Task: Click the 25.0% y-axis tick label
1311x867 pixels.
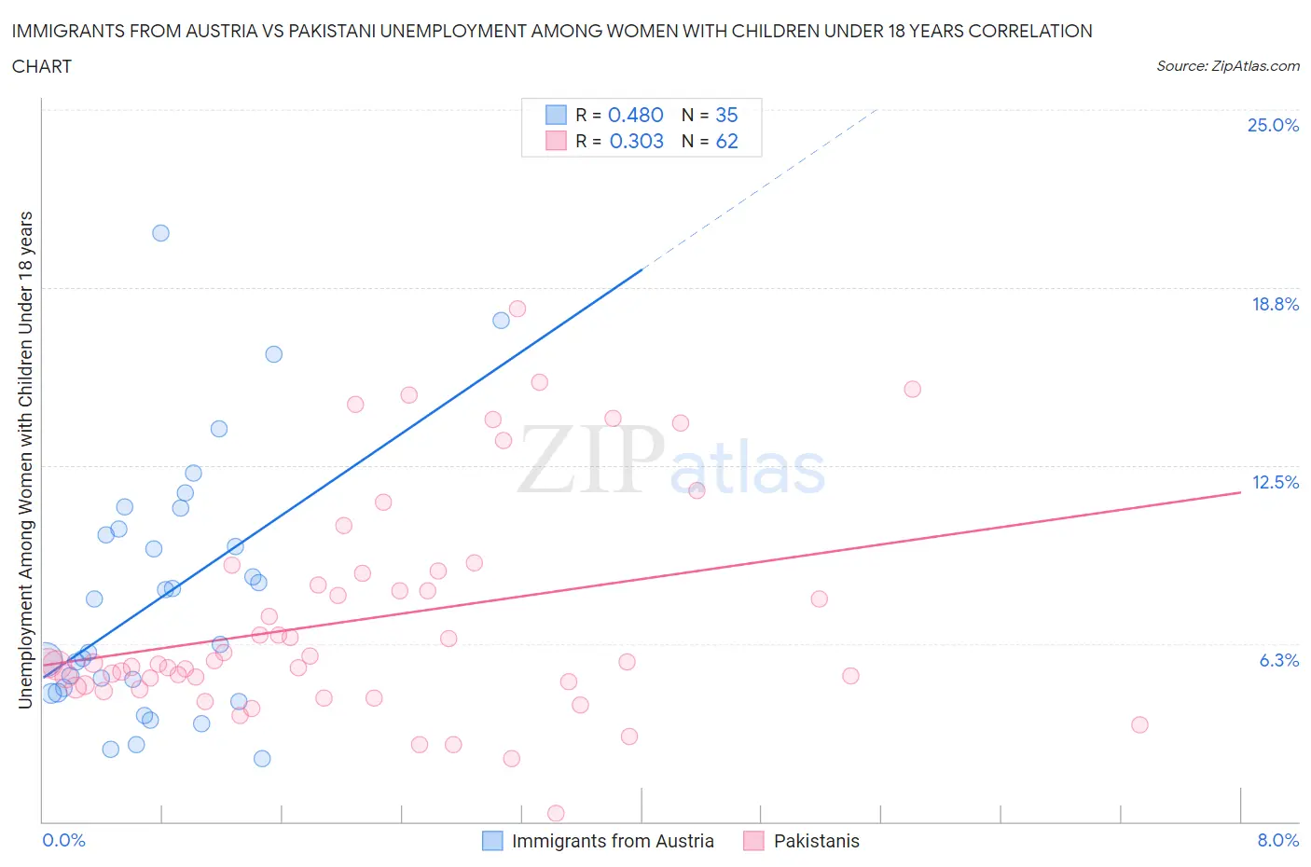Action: point(1273,125)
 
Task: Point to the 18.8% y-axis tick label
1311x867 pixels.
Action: point(1275,304)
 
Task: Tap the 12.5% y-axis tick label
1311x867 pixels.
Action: point(1275,482)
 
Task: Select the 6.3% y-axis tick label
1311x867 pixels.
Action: point(1278,660)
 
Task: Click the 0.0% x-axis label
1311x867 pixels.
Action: point(63,840)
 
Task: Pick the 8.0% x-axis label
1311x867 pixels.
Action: point(1277,840)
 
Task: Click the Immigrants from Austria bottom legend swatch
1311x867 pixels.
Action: point(492,841)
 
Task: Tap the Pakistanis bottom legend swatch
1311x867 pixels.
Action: point(753,841)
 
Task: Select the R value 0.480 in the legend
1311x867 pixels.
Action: point(635,115)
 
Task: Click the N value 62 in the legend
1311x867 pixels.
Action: point(726,141)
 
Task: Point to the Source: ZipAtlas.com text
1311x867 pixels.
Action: point(1227,66)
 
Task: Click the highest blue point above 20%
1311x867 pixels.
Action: point(160,233)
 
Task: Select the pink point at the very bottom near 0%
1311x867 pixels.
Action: point(556,814)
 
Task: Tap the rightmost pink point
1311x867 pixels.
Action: point(1139,724)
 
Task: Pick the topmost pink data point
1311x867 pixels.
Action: point(517,309)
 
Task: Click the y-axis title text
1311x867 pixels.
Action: point(25,460)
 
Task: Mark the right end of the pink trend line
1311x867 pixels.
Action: point(1240,492)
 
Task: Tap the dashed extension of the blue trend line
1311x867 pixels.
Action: point(760,189)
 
